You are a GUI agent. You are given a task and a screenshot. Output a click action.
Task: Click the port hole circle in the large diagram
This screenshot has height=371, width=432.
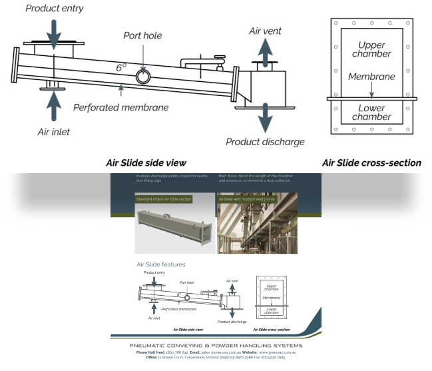tap(143, 75)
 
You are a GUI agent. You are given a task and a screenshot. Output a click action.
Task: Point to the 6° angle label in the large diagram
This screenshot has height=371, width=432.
tap(120, 68)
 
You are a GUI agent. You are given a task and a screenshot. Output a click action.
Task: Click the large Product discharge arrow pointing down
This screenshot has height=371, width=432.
tap(265, 119)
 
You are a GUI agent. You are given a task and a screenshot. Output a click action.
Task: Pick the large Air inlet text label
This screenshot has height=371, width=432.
tap(53, 132)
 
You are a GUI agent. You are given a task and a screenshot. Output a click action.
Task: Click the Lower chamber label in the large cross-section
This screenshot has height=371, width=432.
tap(371, 113)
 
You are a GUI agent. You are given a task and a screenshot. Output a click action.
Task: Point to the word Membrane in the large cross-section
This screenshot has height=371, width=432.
tap(371, 77)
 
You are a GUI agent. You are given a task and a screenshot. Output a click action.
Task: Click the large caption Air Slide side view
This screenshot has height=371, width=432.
tap(146, 162)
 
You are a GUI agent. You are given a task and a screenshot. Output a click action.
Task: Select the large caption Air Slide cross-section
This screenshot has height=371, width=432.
tap(371, 162)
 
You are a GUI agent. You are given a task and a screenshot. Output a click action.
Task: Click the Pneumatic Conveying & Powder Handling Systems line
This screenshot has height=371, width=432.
tap(216, 346)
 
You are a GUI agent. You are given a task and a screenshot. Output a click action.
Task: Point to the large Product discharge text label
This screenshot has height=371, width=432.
tap(265, 141)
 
